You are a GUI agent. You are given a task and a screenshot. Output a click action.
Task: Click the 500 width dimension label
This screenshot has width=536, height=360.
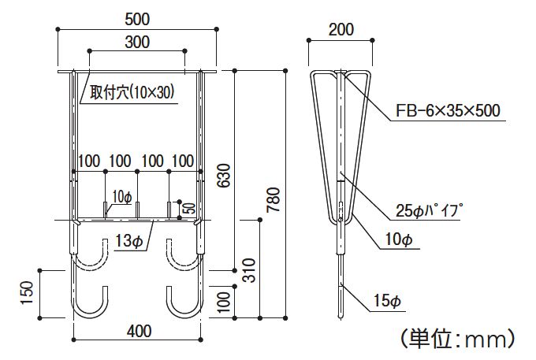pyautogui.click(x=137, y=19)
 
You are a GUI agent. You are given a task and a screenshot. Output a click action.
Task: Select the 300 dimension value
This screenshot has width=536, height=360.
pyautogui.click(x=137, y=42)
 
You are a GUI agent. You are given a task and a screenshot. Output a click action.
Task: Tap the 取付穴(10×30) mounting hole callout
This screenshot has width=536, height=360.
pyautogui.click(x=132, y=92)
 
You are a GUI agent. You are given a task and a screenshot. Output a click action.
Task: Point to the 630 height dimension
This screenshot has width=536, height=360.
pyautogui.click(x=224, y=176)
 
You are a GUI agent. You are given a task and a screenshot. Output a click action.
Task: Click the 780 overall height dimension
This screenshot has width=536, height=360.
pyautogui.click(x=274, y=199)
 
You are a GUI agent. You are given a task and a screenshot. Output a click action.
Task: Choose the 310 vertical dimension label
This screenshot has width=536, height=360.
pyautogui.click(x=249, y=270)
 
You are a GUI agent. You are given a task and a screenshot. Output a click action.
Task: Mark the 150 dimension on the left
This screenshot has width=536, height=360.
pyautogui.click(x=27, y=293)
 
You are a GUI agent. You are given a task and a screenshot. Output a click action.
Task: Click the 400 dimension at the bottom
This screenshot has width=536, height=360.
pyautogui.click(x=139, y=332)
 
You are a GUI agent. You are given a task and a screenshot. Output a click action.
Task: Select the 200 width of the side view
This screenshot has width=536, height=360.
pyautogui.click(x=341, y=30)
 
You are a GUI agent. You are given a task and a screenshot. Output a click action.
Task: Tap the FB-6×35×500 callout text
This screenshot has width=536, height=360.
pyautogui.click(x=448, y=110)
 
